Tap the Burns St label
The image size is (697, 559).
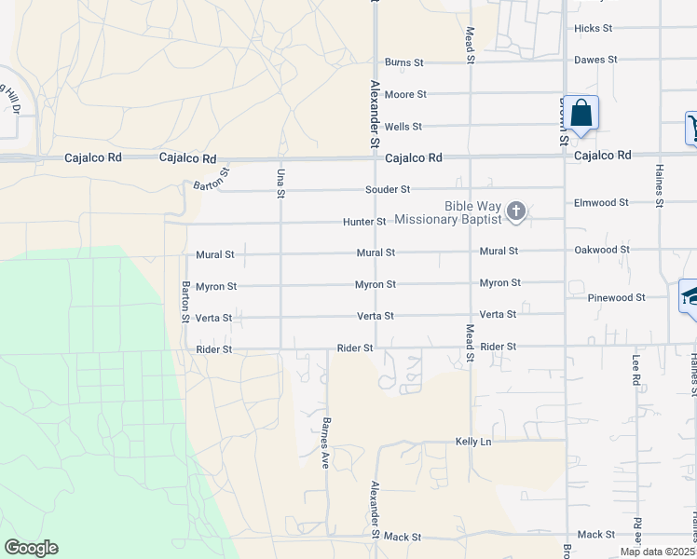(x=404, y=62)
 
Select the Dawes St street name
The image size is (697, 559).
(x=596, y=60)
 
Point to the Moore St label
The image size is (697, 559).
(x=405, y=94)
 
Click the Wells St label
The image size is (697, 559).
(x=403, y=126)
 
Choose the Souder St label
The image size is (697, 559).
(x=388, y=189)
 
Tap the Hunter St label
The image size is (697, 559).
(x=364, y=222)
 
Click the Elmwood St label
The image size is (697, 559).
(x=602, y=202)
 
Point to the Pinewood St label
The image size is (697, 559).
(x=617, y=297)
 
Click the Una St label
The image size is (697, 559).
(x=280, y=183)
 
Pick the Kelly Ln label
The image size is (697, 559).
(x=472, y=441)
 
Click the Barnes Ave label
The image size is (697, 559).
(x=326, y=443)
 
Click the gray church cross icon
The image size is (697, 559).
(x=516, y=212)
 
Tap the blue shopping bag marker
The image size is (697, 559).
(x=581, y=114)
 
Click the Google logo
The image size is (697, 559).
(x=31, y=548)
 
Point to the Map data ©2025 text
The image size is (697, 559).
(x=658, y=552)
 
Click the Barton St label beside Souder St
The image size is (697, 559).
(x=212, y=181)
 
